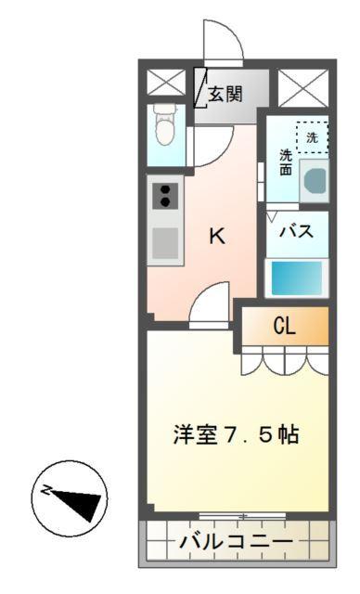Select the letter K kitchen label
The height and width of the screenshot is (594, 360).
216,237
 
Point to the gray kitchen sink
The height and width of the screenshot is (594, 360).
165,243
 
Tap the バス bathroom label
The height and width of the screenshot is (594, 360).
297,231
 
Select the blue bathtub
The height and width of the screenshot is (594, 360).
295,276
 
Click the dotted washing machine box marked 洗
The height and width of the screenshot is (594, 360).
311,136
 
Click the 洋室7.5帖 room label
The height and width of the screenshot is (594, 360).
237,434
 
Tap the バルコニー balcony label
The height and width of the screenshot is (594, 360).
236,541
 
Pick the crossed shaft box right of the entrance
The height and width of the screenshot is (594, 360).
303,89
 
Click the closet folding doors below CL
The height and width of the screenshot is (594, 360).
284,360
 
